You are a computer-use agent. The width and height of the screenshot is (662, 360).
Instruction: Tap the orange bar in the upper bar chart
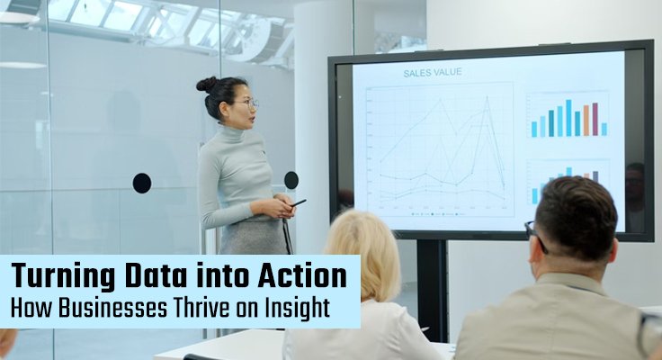(x=586, y=121)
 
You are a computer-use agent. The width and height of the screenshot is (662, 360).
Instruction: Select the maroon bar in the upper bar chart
(x=595, y=119)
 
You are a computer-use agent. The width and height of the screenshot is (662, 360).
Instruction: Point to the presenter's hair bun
(x=206, y=84)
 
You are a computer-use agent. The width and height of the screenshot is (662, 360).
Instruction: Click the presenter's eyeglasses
(x=248, y=103)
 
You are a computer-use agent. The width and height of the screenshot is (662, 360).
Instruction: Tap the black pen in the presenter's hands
(x=298, y=203)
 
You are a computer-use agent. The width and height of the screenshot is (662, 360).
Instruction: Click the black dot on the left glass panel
(x=142, y=183)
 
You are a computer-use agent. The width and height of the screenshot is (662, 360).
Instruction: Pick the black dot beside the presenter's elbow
(x=291, y=180)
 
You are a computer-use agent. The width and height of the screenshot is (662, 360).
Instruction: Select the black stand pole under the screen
(x=433, y=288)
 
